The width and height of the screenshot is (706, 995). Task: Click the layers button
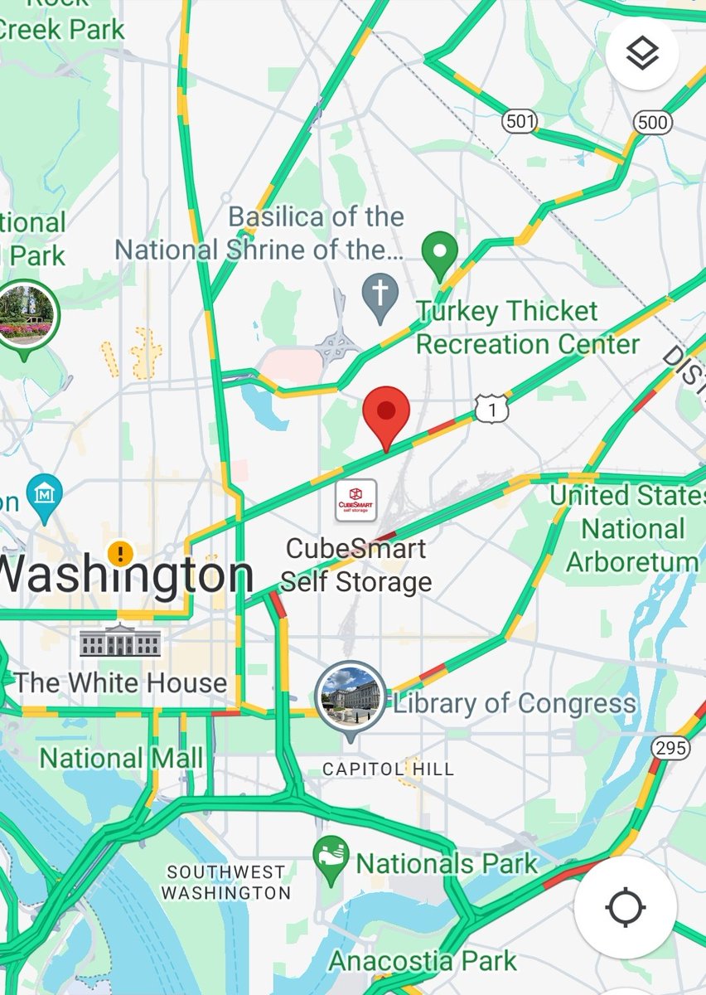(642, 54)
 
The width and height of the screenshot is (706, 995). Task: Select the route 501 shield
(520, 122)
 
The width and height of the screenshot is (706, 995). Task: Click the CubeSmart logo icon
(355, 500)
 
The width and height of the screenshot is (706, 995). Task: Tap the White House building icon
(120, 640)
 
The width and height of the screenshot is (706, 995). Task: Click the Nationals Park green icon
(331, 861)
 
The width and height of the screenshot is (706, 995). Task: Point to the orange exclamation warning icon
(121, 552)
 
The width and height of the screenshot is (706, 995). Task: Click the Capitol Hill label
(388, 769)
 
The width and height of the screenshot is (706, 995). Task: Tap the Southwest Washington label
(225, 882)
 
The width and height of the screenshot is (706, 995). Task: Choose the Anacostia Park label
(423, 961)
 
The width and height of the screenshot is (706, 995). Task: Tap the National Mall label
(121, 758)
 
